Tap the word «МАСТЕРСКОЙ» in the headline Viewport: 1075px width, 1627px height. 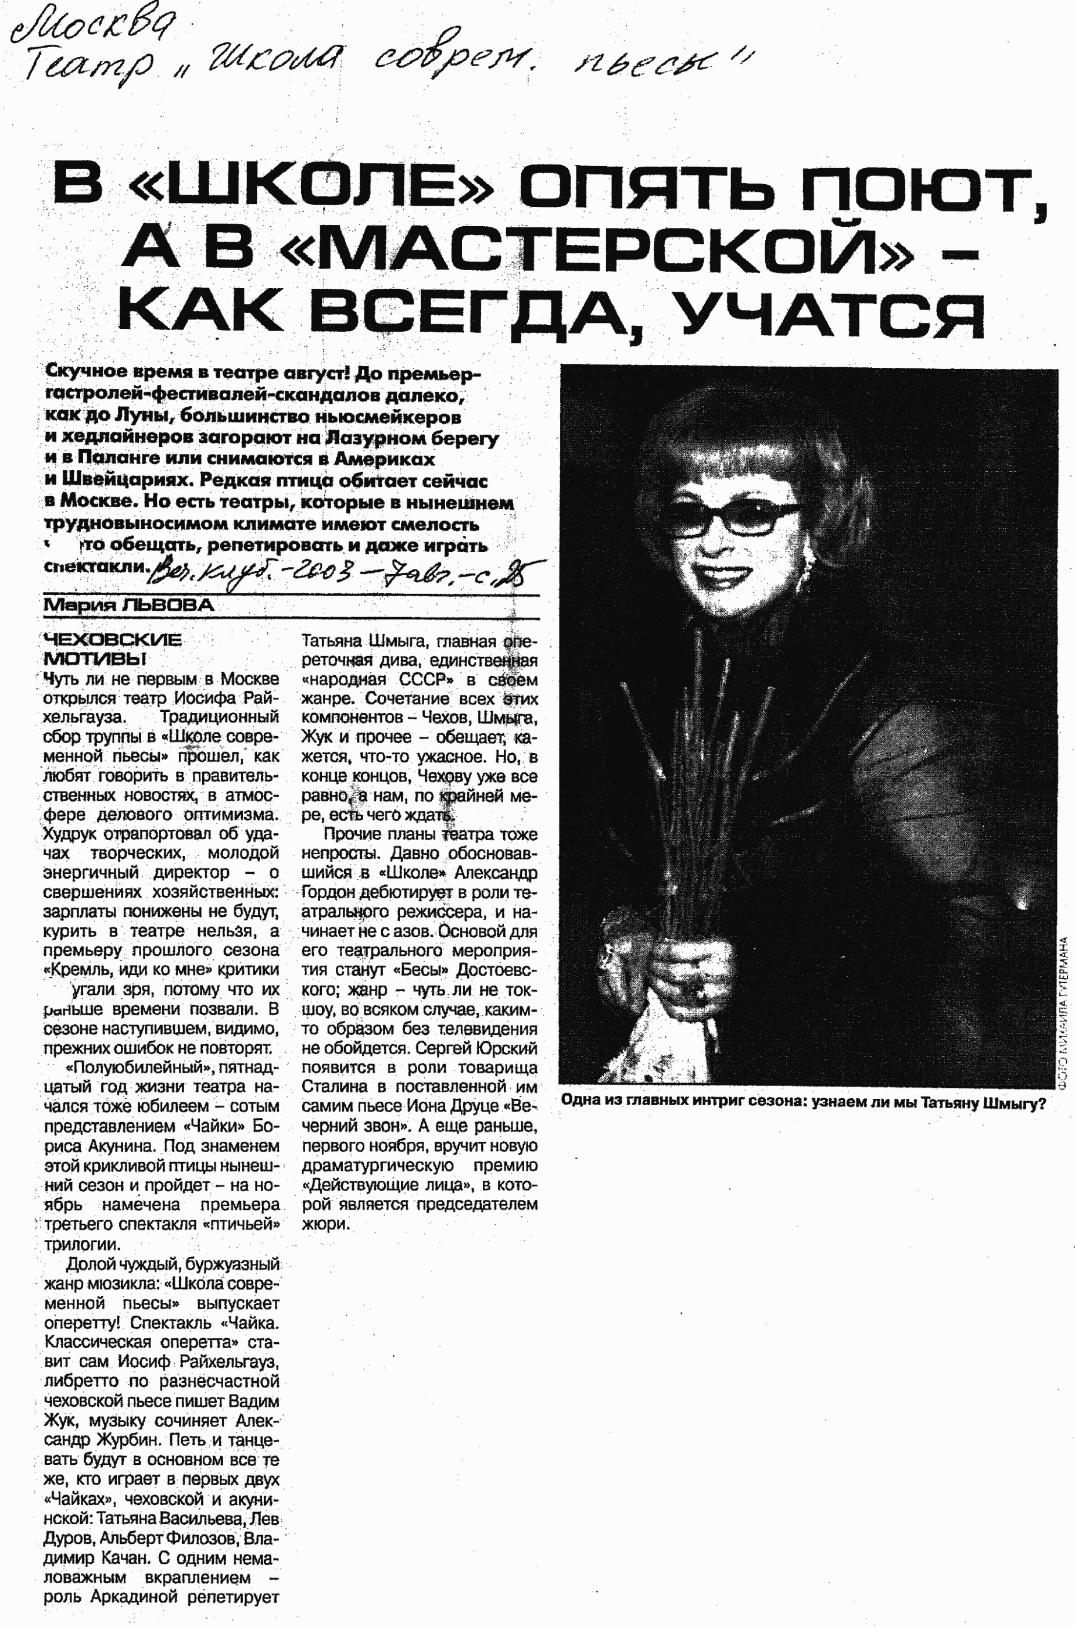596,249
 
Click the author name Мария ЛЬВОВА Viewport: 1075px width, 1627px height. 128,605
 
